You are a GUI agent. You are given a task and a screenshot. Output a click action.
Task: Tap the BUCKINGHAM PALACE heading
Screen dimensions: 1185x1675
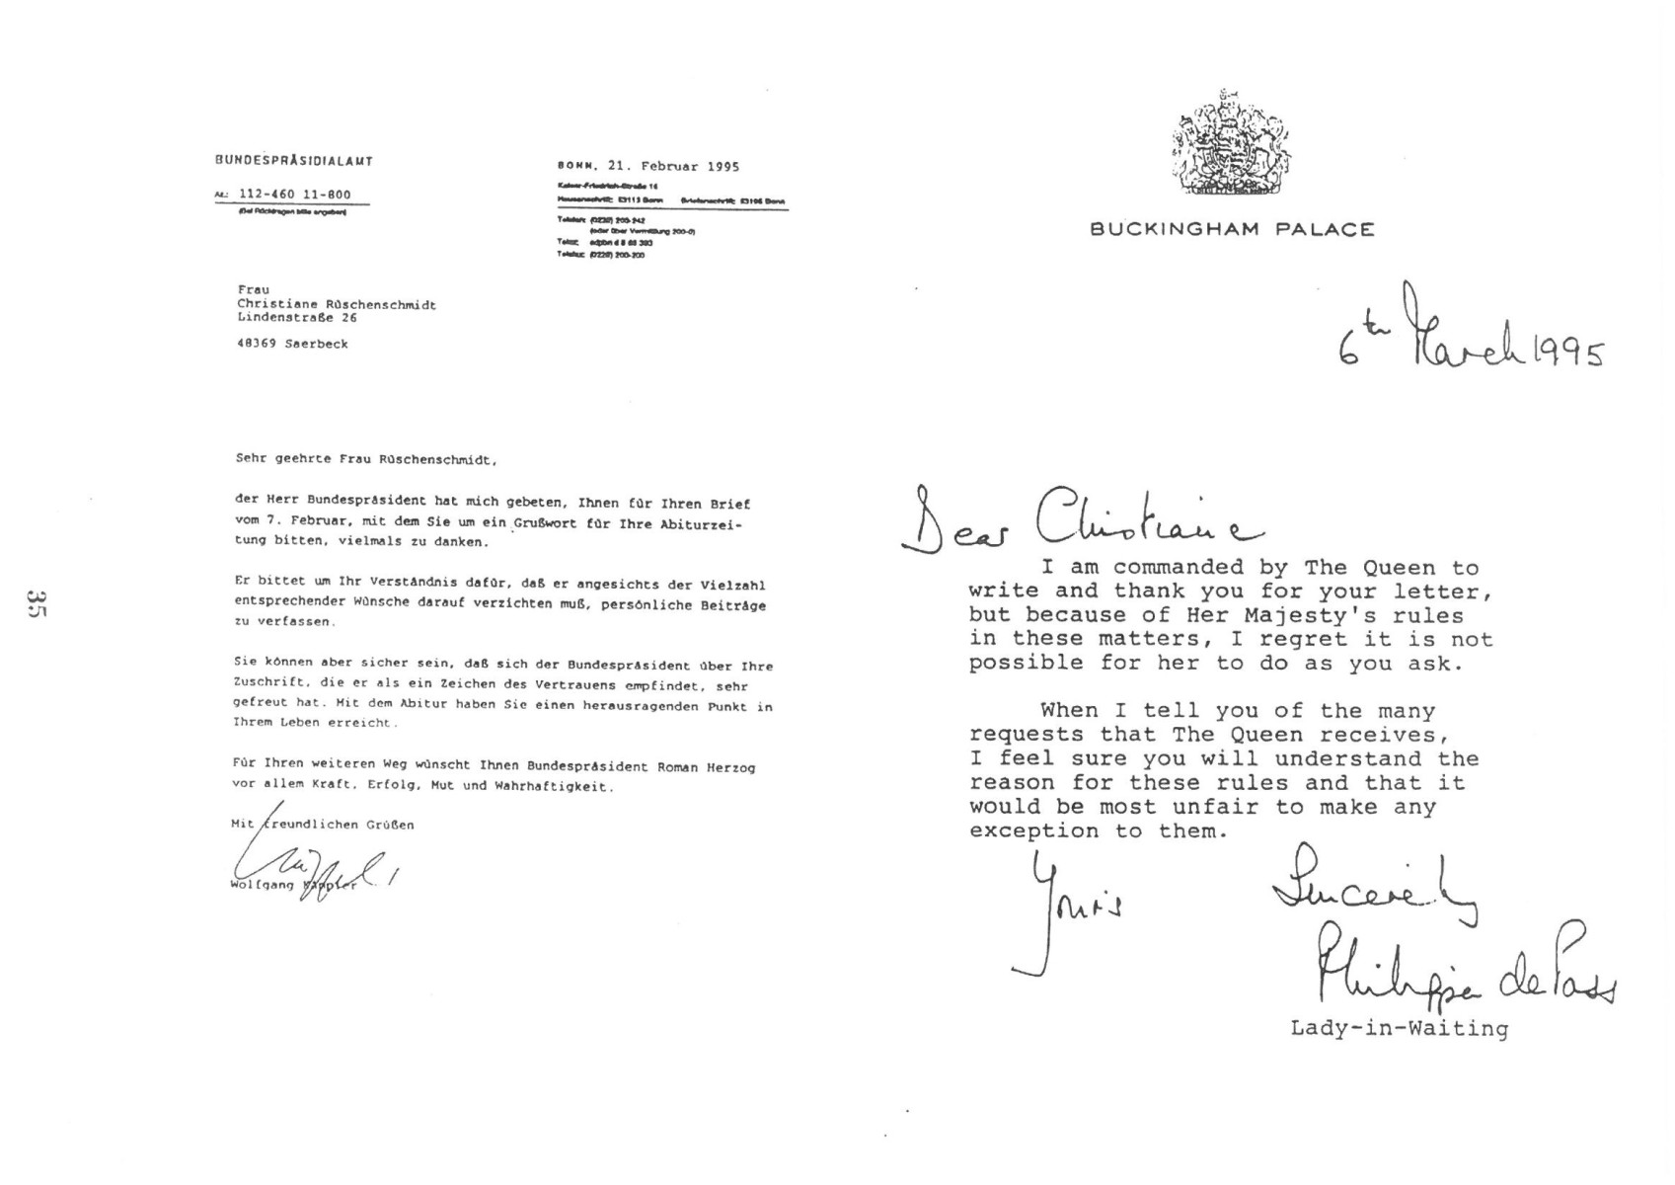(x=1232, y=230)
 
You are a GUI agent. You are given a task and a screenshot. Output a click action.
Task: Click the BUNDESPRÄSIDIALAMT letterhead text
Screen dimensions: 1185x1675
(x=294, y=161)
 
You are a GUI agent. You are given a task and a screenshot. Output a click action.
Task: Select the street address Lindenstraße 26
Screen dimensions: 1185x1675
(x=297, y=318)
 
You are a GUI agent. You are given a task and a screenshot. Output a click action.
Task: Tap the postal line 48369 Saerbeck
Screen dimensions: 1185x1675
(x=292, y=345)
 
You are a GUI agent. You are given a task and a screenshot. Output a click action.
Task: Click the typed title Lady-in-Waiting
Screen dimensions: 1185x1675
(x=1399, y=1029)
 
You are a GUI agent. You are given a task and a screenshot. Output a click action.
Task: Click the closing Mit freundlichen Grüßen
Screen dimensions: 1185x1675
(x=323, y=825)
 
